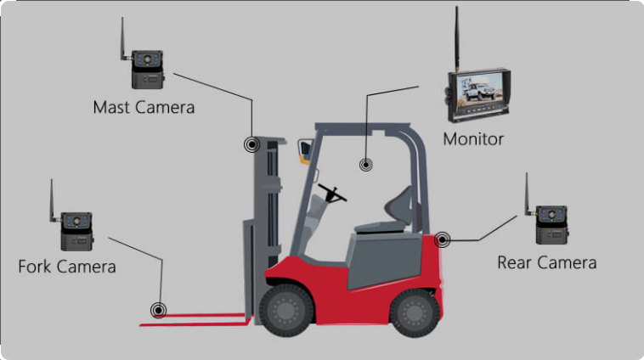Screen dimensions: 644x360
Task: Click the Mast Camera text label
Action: click(144, 108)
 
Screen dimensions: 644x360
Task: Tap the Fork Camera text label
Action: click(67, 267)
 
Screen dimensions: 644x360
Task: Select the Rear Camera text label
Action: click(546, 262)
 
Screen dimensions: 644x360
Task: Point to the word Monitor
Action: click(473, 139)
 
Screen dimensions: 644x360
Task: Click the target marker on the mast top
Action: click(251, 144)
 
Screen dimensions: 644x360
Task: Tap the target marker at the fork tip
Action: click(158, 310)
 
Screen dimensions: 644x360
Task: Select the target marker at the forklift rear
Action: click(442, 239)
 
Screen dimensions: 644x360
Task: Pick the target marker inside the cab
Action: click(366, 165)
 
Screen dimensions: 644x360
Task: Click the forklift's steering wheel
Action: click(332, 194)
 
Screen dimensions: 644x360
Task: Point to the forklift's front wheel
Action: click(286, 311)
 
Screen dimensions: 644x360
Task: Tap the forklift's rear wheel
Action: click(415, 312)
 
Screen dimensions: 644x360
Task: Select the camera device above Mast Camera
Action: click(148, 69)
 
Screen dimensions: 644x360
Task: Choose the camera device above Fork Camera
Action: click(76, 231)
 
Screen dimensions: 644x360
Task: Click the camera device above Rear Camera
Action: click(552, 224)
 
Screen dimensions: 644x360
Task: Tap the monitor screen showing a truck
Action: click(479, 90)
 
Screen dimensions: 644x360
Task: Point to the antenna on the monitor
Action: click(456, 39)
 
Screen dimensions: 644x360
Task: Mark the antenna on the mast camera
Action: click(123, 38)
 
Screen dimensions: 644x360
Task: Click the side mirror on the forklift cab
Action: click(305, 151)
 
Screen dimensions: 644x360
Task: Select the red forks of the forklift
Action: click(196, 320)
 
